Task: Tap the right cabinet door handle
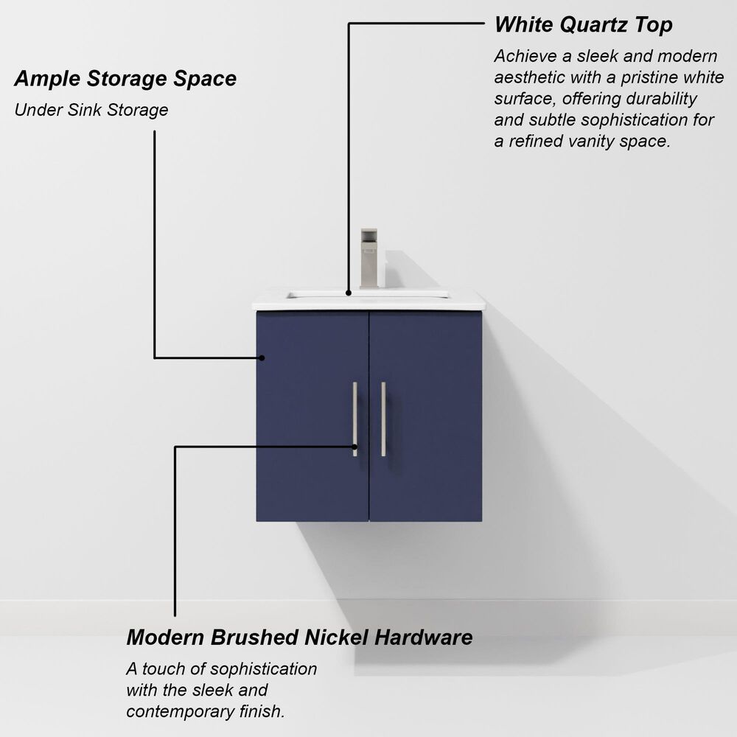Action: click(x=383, y=419)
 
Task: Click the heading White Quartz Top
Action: click(x=583, y=24)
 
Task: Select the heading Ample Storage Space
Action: click(x=125, y=78)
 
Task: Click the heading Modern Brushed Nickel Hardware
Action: click(x=299, y=637)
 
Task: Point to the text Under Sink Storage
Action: click(x=91, y=111)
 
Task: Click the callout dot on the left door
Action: click(x=262, y=357)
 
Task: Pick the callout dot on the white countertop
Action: click(x=349, y=292)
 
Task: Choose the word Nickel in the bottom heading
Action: click(x=336, y=637)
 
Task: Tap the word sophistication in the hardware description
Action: click(x=263, y=669)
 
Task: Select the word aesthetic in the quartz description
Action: click(x=529, y=77)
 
